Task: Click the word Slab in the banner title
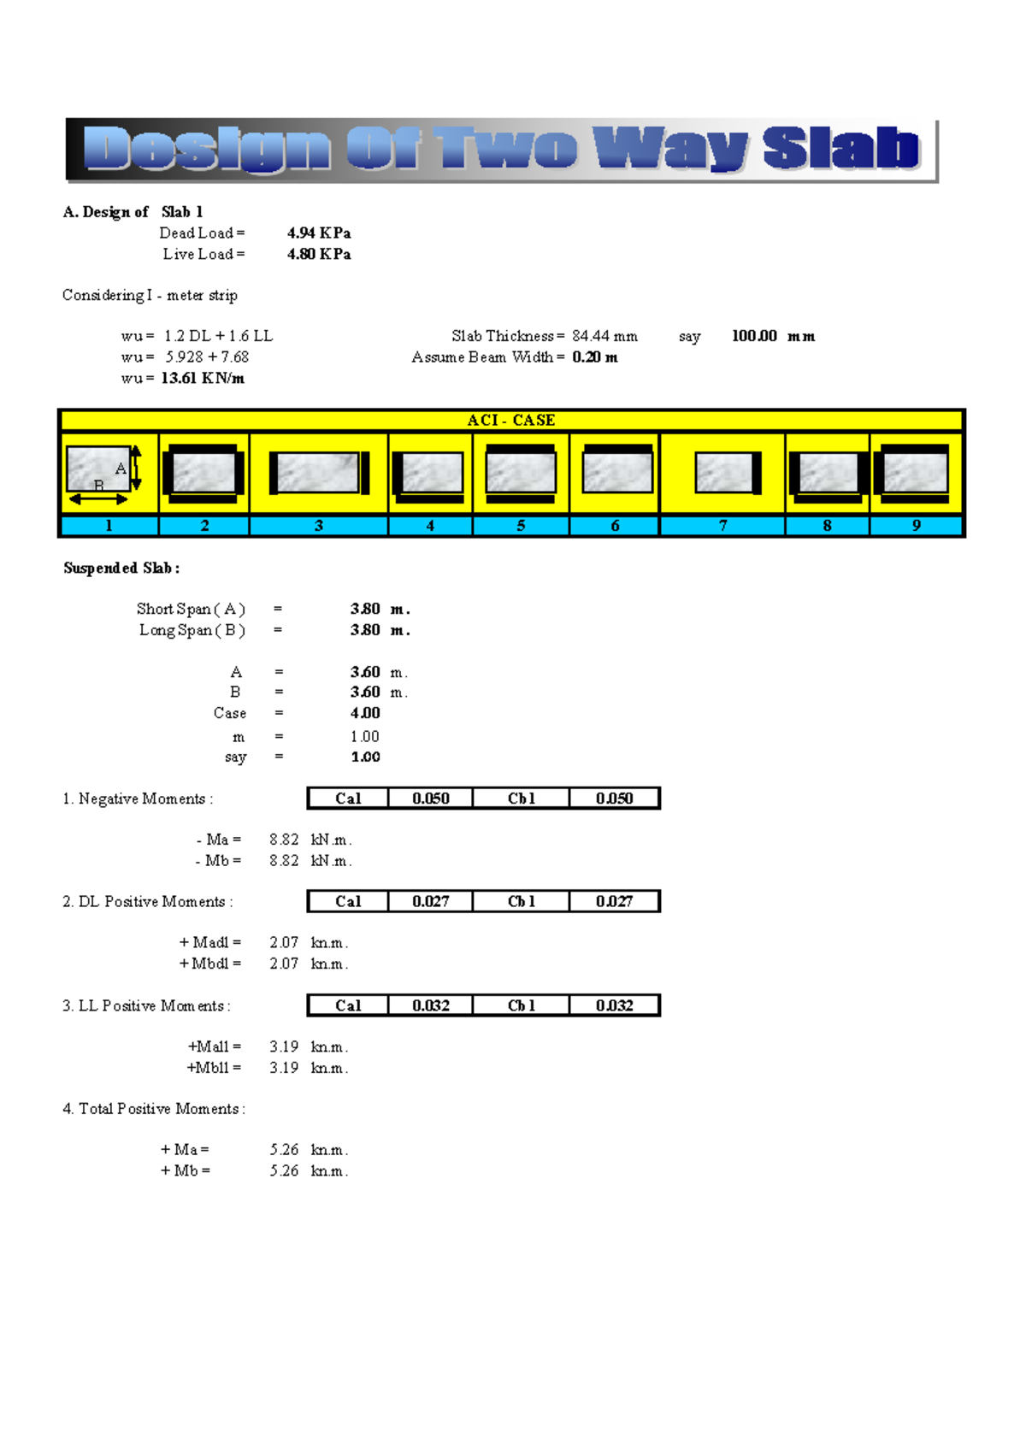[840, 148]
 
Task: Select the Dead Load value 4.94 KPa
[319, 233]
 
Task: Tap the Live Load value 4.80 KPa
[319, 255]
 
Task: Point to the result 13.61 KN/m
[203, 379]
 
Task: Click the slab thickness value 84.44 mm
[604, 337]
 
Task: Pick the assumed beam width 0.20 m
[595, 357]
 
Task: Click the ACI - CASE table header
[511, 421]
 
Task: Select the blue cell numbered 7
[722, 526]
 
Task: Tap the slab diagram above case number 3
[318, 473]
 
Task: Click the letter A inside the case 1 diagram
[121, 469]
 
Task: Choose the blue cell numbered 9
[916, 526]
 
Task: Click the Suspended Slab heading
[121, 569]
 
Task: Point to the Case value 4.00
[365, 713]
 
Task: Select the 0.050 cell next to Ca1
[430, 799]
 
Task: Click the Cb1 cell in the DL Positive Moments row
[521, 902]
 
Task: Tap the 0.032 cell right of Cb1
[614, 1006]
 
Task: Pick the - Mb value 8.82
[284, 861]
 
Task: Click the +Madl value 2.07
[284, 942]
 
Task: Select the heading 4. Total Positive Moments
[154, 1109]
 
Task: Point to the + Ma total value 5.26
[284, 1150]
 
